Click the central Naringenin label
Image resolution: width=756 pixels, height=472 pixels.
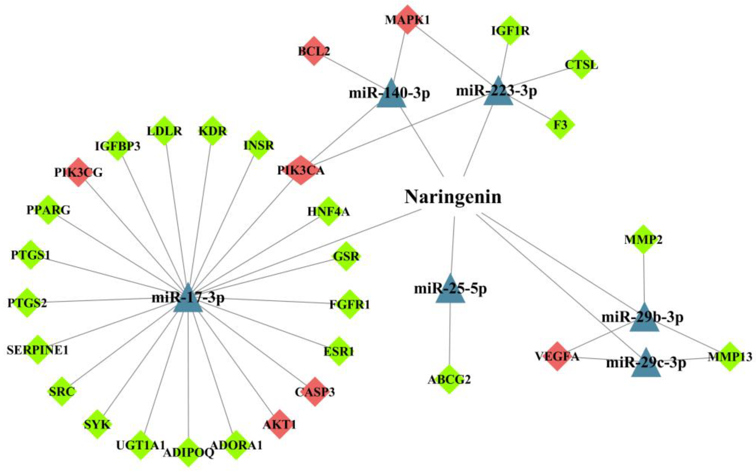point(453,197)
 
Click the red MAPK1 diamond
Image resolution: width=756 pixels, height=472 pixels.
point(407,19)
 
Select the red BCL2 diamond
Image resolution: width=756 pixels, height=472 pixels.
point(314,51)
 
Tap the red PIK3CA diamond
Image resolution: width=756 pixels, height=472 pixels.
point(301,170)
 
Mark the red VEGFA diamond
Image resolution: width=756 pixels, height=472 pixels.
point(557,356)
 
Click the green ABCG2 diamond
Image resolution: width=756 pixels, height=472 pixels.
point(449,379)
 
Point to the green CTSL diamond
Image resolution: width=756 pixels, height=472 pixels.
point(581,65)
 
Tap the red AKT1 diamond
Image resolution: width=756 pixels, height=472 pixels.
point(279,424)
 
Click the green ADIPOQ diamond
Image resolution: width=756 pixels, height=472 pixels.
point(188,452)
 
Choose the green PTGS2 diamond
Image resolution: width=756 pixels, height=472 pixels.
point(27,302)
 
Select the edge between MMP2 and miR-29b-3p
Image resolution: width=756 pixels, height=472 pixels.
point(643,278)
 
